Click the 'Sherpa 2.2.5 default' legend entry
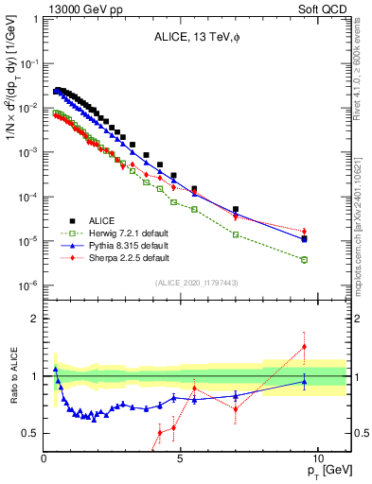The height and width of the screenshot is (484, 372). [x=123, y=257]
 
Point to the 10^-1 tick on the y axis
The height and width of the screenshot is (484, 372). [x=28, y=63]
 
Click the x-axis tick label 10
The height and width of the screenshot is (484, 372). [x=317, y=458]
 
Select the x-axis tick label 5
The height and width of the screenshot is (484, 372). [x=181, y=458]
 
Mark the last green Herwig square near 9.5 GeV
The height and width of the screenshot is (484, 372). [x=304, y=259]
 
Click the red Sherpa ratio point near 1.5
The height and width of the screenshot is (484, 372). [x=304, y=347]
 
